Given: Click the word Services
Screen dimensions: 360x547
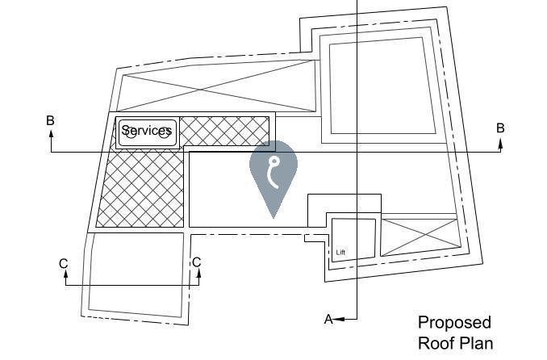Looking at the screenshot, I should tap(147, 130).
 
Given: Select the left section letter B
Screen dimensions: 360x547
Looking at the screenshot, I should tap(50, 121).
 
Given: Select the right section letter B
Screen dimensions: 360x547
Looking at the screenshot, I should tap(500, 128).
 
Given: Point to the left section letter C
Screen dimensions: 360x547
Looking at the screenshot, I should tap(64, 263).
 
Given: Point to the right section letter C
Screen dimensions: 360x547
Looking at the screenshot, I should tap(196, 262).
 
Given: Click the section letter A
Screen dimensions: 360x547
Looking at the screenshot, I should tap(328, 320).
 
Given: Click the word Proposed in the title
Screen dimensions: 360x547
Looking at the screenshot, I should tap(453, 323).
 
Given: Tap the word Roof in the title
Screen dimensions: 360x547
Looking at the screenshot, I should tap(436, 343).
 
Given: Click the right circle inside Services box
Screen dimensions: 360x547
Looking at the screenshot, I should tap(165, 134).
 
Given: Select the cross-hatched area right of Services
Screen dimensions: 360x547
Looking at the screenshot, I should tap(223, 131).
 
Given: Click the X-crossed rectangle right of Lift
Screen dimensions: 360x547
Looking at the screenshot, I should tap(418, 237).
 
